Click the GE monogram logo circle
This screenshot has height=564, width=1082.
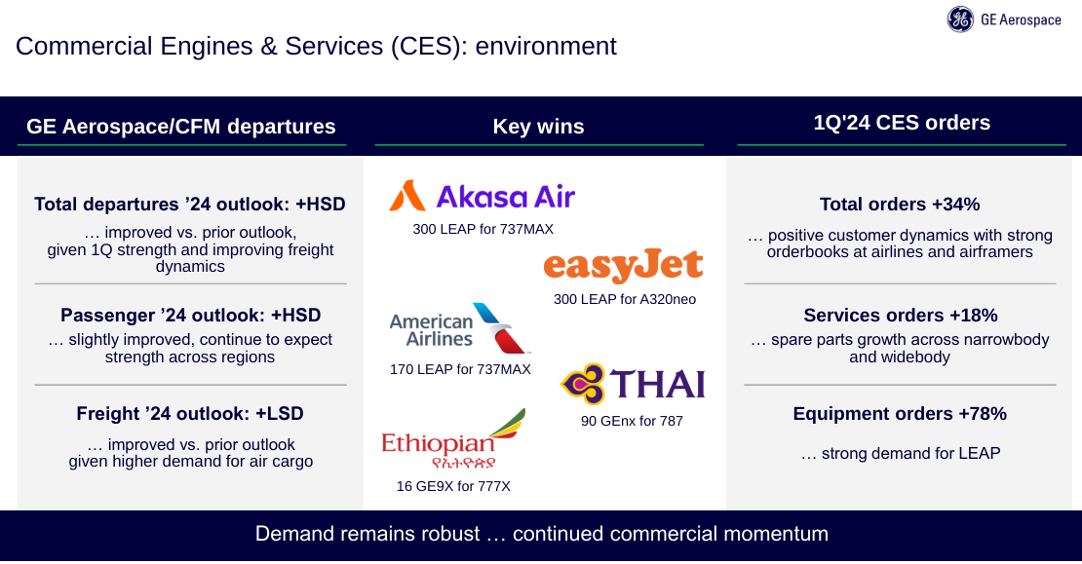960,19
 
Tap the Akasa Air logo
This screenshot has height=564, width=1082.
482,196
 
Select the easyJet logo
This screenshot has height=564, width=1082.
623,266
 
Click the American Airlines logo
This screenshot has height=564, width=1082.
460,328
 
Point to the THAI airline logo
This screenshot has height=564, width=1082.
632,384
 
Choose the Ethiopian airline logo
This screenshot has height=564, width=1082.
453,438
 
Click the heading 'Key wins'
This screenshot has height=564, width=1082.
538,127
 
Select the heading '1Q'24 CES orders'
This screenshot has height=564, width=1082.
902,123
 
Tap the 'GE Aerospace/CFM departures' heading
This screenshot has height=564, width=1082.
180,127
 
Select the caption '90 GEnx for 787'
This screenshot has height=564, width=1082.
632,421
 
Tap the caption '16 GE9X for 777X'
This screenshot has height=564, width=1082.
453,486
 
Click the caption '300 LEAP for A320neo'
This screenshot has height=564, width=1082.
625,299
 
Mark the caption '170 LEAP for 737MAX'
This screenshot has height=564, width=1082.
460,369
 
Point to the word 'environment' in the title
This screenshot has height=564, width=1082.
546,46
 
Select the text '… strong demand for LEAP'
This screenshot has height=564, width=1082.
901,453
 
